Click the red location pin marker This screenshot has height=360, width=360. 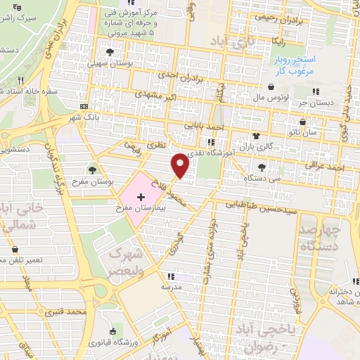point(181,165)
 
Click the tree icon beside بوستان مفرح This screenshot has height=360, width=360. point(92,169)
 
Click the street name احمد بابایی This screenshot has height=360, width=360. point(204,127)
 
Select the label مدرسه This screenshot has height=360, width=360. point(167,286)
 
